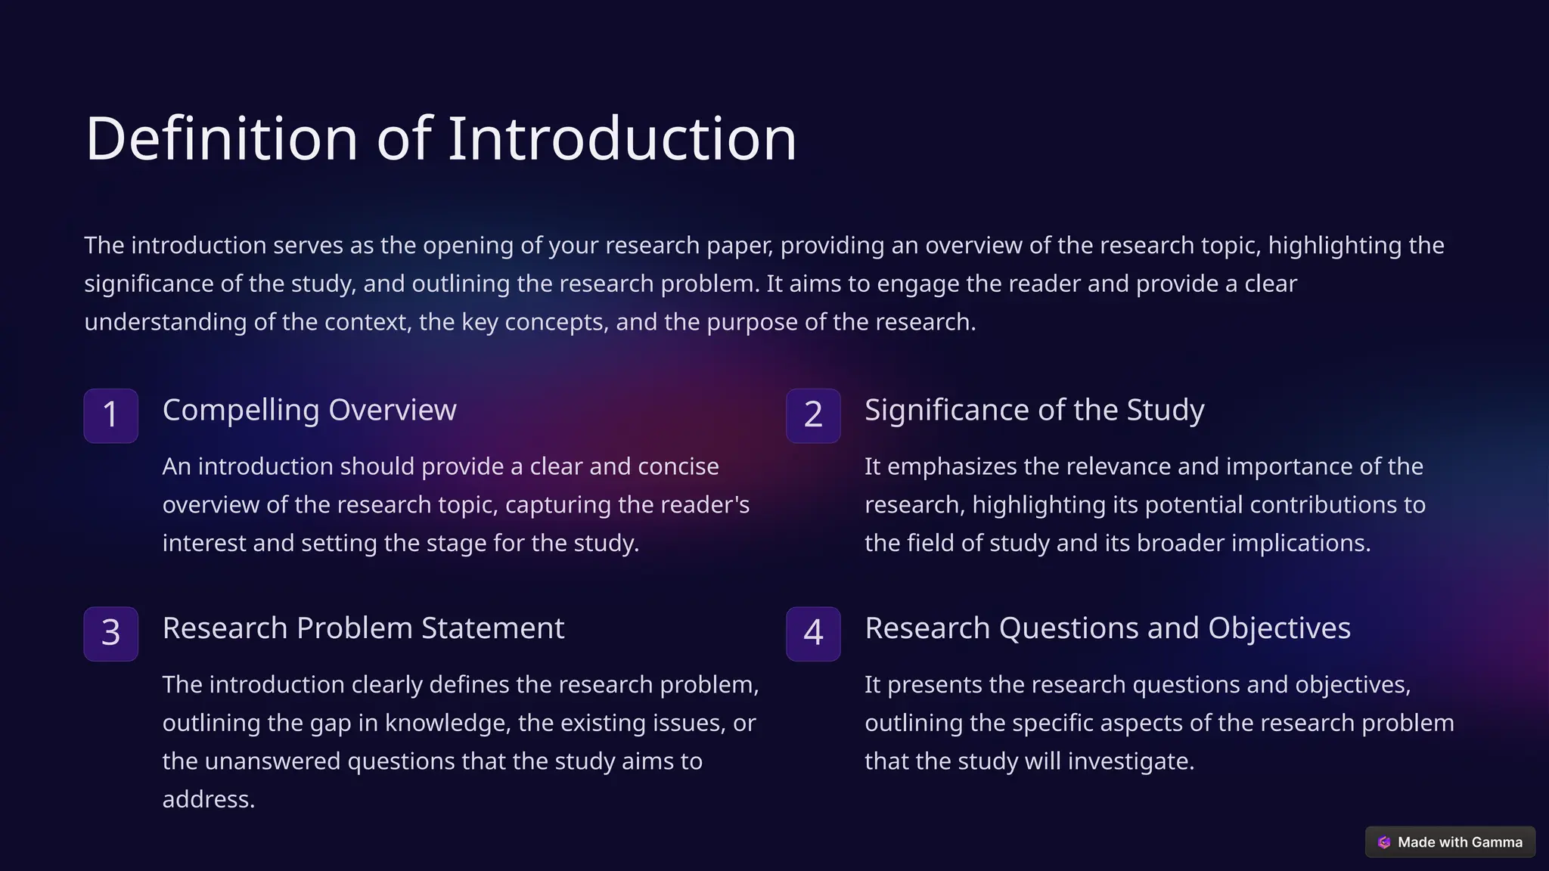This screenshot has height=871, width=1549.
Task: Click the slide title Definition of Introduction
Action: click(441, 139)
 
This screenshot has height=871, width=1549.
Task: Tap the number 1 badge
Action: click(110, 415)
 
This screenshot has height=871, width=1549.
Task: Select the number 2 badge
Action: click(813, 415)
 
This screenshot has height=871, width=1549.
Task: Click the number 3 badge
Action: click(110, 634)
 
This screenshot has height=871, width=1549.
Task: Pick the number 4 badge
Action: click(813, 634)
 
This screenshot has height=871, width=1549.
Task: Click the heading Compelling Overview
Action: click(309, 410)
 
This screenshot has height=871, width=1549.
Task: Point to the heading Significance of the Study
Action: click(1034, 410)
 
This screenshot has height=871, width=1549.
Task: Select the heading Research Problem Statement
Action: click(363, 628)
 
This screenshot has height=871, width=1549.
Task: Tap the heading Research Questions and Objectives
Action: click(1107, 628)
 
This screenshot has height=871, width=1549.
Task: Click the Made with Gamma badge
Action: click(1450, 842)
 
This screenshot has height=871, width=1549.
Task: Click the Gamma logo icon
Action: click(1384, 842)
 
